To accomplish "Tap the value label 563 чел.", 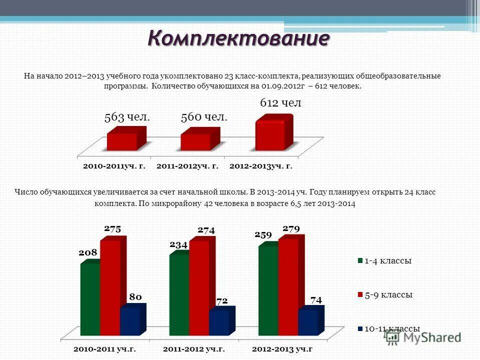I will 127,117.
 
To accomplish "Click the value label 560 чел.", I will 204,117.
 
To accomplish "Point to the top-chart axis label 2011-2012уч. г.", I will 187,165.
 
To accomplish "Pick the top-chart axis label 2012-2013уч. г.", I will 260,165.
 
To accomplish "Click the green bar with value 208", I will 90,298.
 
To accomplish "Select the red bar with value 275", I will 110,287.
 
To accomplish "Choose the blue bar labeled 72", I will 218,323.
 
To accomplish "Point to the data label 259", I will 263,234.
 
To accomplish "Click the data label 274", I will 206,230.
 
